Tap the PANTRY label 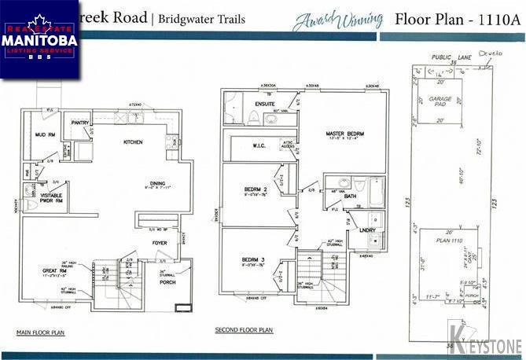tap(79, 123)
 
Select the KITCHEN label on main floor tap(132, 142)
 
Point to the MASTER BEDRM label tap(345, 134)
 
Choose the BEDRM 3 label tap(252, 259)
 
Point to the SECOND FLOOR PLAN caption tap(244, 331)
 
